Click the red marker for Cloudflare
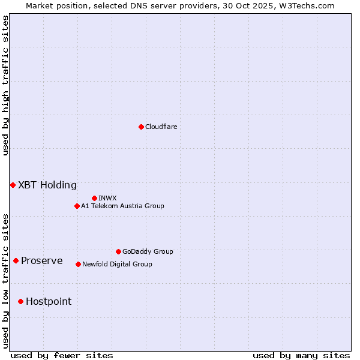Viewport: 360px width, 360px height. click(x=141, y=127)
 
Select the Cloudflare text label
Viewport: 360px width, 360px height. click(x=161, y=127)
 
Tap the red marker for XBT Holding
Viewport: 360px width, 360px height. click(x=13, y=185)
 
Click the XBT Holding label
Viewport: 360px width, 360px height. click(x=47, y=185)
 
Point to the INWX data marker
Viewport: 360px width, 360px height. click(x=94, y=198)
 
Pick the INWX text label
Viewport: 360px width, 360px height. click(x=108, y=198)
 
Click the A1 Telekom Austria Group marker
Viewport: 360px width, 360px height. click(x=77, y=206)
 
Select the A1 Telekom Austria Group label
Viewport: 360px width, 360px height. click(x=123, y=206)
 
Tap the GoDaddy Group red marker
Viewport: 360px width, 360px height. click(x=118, y=251)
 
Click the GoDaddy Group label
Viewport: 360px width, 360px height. click(x=148, y=251)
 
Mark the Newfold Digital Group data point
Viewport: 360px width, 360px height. click(x=78, y=264)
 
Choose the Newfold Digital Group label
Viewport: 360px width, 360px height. click(x=118, y=264)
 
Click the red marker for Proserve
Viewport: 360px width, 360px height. click(x=16, y=260)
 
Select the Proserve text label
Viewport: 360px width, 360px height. click(x=42, y=260)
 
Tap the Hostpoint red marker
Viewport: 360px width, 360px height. click(x=20, y=301)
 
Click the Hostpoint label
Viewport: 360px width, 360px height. click(x=49, y=301)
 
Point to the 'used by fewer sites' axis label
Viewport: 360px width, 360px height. click(x=62, y=355)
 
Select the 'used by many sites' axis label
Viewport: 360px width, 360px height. click(x=301, y=355)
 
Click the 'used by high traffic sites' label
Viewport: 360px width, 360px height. click(x=5, y=85)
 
